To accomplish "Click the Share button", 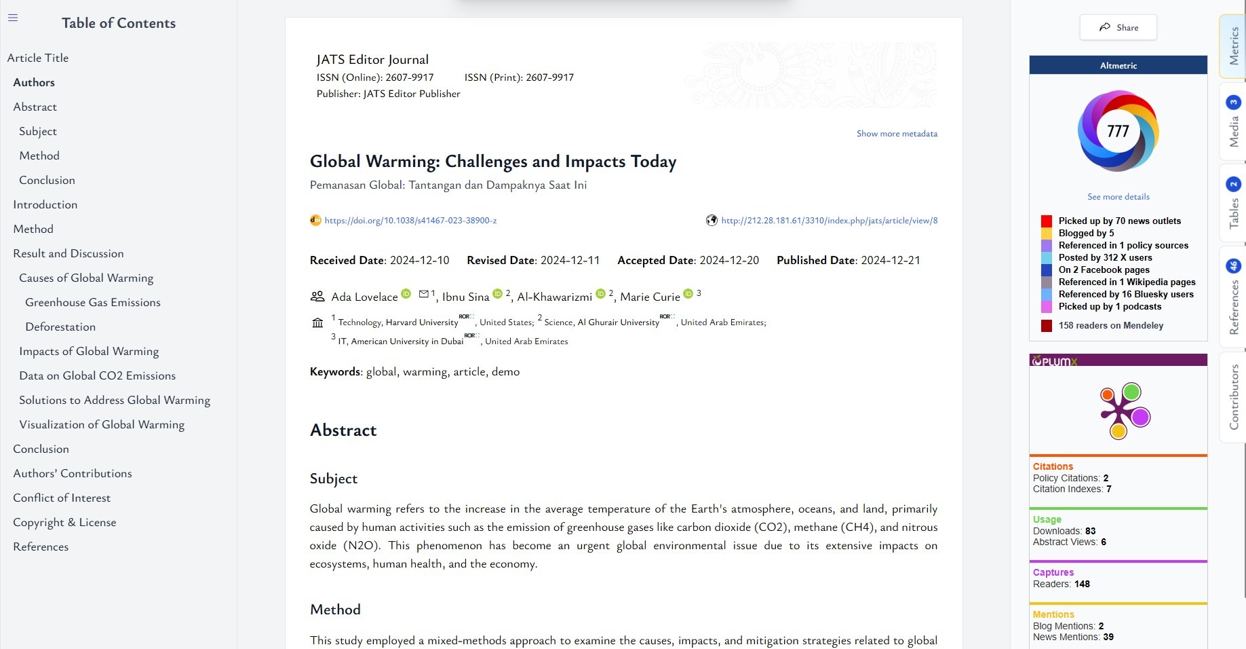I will pyautogui.click(x=1118, y=28).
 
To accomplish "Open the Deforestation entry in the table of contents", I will pyautogui.click(x=60, y=327).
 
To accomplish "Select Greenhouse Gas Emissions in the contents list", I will pyautogui.click(x=93, y=302).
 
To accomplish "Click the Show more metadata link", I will pyautogui.click(x=897, y=134).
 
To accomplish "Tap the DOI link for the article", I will pyautogui.click(x=410, y=221).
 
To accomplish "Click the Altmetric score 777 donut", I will pyautogui.click(x=1118, y=130).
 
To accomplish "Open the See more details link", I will pyautogui.click(x=1118, y=197).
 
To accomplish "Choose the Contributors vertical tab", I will pyautogui.click(x=1234, y=396).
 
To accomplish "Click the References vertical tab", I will pyautogui.click(x=1234, y=299).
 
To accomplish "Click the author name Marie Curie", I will pyautogui.click(x=650, y=297).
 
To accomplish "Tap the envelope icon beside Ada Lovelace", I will pyautogui.click(x=424, y=294).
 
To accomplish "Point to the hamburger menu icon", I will pyautogui.click(x=13, y=18).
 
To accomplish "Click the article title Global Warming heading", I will pyautogui.click(x=493, y=162).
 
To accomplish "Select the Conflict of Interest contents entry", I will pyautogui.click(x=62, y=498).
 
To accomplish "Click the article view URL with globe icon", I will pyautogui.click(x=829, y=221).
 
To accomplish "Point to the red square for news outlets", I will pyautogui.click(x=1047, y=221).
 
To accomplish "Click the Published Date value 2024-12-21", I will pyautogui.click(x=891, y=260).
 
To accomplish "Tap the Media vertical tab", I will pyautogui.click(x=1234, y=122).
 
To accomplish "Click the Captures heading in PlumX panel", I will pyautogui.click(x=1053, y=572).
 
